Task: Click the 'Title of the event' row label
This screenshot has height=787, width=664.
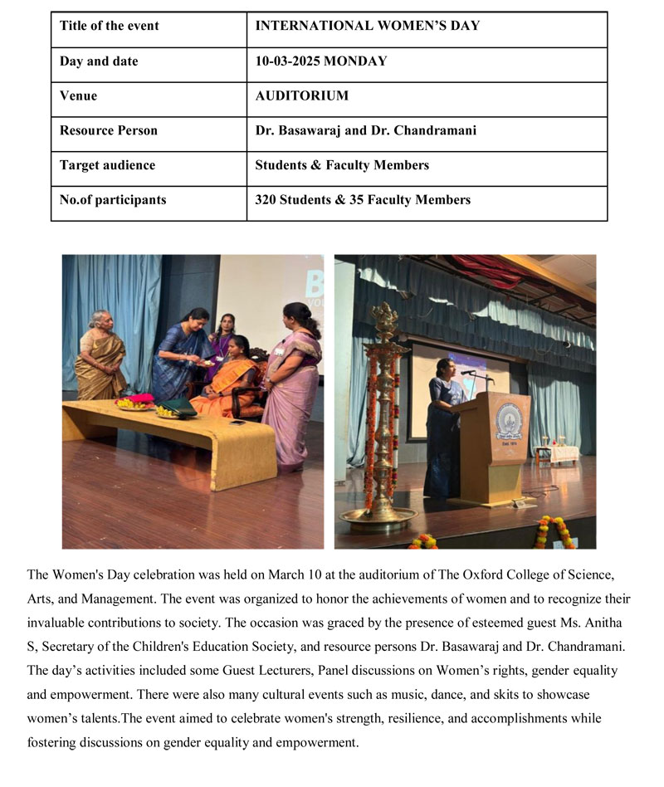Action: click(x=110, y=26)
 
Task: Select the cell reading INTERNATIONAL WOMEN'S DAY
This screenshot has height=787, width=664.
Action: click(x=367, y=26)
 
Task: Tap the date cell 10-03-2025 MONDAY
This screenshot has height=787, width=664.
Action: click(x=320, y=61)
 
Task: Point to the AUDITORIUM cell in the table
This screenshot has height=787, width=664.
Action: click(x=301, y=96)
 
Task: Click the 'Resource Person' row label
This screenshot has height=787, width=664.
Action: click(x=109, y=131)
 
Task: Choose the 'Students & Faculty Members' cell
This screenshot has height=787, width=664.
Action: click(x=342, y=165)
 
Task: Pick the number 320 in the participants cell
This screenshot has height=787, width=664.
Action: click(x=267, y=200)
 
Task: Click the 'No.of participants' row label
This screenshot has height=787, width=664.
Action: click(x=113, y=200)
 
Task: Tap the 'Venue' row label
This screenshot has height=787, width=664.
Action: click(x=78, y=96)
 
